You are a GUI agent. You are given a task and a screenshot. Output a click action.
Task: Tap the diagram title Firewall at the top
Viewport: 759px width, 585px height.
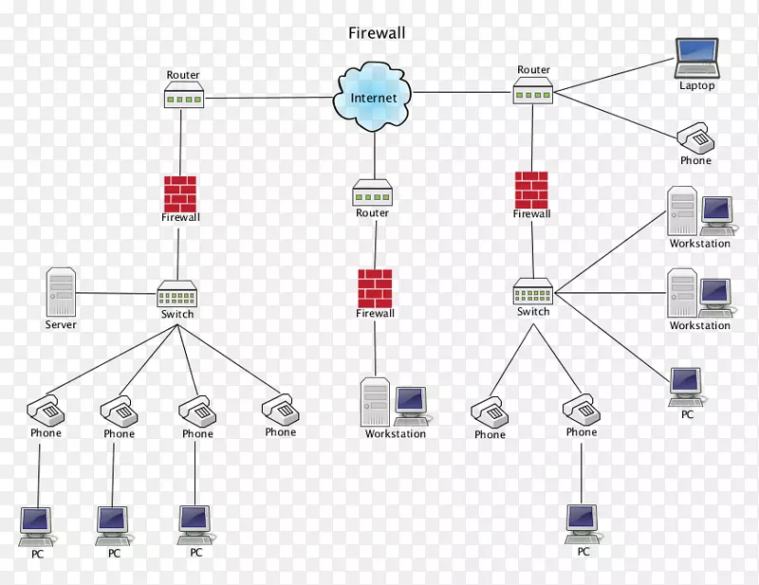pyautogui.click(x=377, y=33)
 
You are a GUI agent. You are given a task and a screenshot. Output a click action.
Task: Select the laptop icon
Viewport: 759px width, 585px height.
pyautogui.click(x=696, y=59)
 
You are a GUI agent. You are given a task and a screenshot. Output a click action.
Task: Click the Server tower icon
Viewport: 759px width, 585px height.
pyautogui.click(x=61, y=292)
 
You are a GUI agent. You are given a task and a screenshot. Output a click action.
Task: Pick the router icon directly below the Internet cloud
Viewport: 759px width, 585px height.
pyautogui.click(x=373, y=193)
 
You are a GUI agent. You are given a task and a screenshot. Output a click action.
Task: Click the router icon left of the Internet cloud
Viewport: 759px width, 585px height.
pyautogui.click(x=182, y=95)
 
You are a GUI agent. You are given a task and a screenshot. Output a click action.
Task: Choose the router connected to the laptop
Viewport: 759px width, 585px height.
pyautogui.click(x=533, y=91)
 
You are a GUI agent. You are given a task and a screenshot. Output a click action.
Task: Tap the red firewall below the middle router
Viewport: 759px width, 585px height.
pyautogui.click(x=375, y=288)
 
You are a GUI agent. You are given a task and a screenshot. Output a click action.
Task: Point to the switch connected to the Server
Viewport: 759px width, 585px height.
pyautogui.click(x=176, y=294)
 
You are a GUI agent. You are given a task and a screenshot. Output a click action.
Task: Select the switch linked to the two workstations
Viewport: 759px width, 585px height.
pyautogui.click(x=533, y=291)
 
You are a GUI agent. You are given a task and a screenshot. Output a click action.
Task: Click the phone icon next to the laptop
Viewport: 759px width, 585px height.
pyautogui.click(x=695, y=138)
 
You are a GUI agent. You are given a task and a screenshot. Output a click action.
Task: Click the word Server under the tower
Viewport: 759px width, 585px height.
pyautogui.click(x=61, y=325)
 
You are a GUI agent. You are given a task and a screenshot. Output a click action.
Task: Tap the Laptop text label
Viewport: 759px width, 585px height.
pyautogui.click(x=696, y=86)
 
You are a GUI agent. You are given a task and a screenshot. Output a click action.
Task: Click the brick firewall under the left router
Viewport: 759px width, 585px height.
pyautogui.click(x=179, y=193)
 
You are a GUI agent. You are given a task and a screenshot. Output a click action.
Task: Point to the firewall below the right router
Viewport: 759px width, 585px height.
pyautogui.click(x=531, y=190)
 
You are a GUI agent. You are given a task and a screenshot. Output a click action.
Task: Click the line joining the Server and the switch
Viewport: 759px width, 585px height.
pyautogui.click(x=116, y=293)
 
